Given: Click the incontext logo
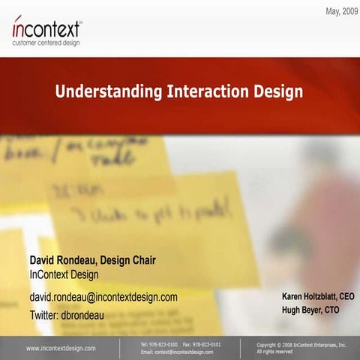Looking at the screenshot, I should click(46, 28).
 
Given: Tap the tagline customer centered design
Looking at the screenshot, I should click(46, 43).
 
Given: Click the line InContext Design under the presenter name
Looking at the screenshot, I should click(64, 274).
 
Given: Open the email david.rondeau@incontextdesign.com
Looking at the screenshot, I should click(103, 297).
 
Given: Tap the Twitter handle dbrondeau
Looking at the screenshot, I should click(85, 315).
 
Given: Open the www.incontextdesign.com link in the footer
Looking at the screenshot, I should click(61, 348).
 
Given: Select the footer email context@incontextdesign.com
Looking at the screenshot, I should click(184, 352).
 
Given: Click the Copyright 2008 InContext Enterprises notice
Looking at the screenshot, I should click(301, 344).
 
